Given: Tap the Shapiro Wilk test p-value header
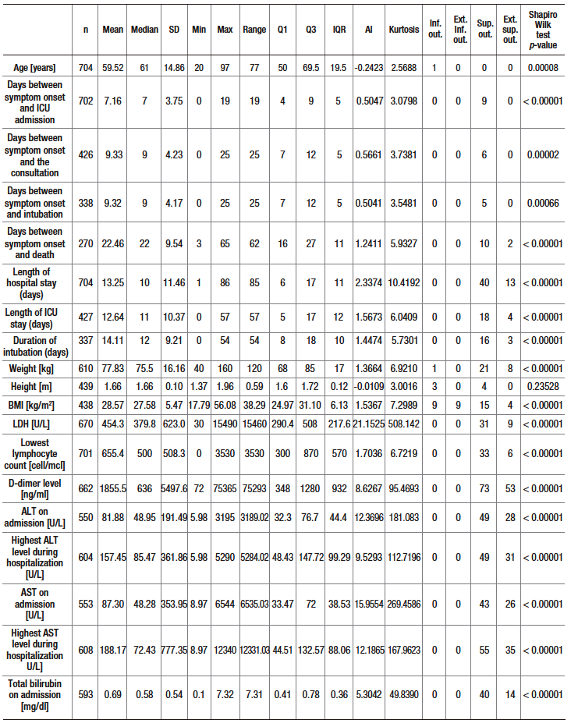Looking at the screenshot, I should coord(545,29).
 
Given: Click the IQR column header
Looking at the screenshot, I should coord(339,29).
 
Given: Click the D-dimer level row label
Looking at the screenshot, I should coord(37,490).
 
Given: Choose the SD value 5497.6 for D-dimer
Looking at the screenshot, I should coord(173,490).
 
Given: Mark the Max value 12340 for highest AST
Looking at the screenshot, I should coord(225,650).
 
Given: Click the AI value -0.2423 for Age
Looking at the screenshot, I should coord(369,67).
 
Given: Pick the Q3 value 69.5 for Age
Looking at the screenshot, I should coord(310,67).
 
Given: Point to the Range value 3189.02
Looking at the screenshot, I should coord(254,518).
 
